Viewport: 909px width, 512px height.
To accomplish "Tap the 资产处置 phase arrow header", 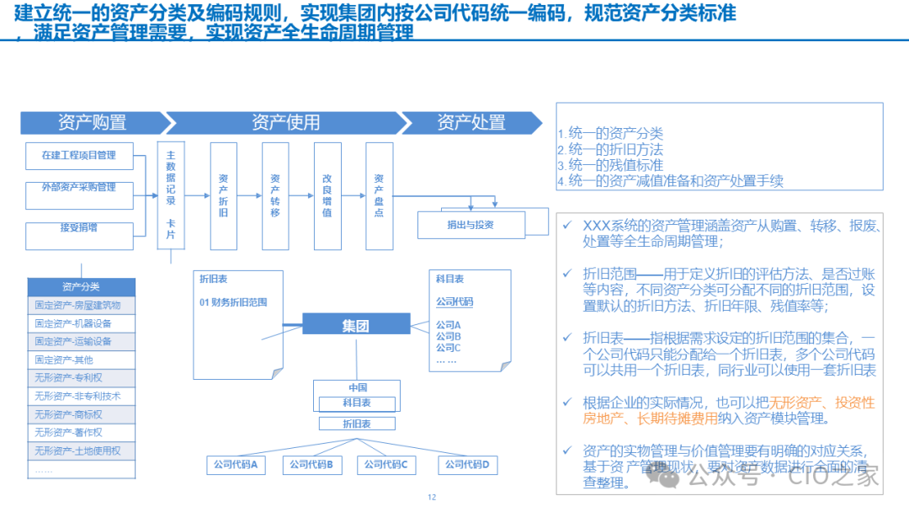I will click(470, 122).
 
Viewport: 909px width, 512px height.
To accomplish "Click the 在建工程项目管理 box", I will click(79, 156).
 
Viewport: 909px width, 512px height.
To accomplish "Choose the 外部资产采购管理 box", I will click(79, 188).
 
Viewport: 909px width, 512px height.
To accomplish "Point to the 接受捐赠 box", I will click(79, 227).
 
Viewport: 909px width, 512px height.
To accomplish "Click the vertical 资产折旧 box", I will click(223, 195).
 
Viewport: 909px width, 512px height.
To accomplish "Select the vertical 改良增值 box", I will click(327, 195).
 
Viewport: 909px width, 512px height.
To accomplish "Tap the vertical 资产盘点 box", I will click(379, 195).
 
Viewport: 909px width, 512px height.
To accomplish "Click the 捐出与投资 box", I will click(470, 225).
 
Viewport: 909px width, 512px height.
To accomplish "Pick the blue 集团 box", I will click(355, 326).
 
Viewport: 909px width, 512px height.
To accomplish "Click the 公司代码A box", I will click(237, 464).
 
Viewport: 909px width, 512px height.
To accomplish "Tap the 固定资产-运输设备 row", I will click(81, 341).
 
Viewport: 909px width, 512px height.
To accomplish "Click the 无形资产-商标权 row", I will click(81, 414).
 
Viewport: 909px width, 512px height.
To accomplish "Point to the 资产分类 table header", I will click(81, 286).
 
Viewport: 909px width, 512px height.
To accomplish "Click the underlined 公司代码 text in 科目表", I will click(454, 301).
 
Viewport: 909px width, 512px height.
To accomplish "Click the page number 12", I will click(433, 497).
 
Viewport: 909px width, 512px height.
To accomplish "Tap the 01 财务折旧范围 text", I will click(233, 301).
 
